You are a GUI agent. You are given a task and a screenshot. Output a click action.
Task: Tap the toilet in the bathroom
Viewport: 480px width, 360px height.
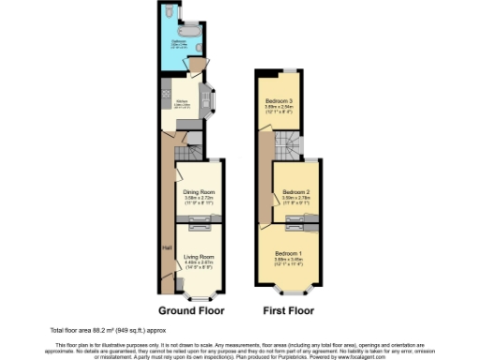[x=167, y=16]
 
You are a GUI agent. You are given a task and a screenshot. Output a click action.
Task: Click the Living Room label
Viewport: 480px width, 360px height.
[x=198, y=256]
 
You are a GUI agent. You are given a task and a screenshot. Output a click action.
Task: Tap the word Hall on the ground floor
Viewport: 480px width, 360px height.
[x=166, y=247]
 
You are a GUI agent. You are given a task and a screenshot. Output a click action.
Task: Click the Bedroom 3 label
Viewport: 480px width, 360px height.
[x=278, y=101]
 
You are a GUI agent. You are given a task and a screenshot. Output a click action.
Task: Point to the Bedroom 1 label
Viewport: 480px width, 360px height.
[x=288, y=254]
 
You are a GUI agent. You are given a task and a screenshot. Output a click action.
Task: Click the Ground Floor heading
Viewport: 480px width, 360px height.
[x=184, y=309]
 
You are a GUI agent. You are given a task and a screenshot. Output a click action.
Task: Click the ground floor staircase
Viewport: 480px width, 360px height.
[x=190, y=149]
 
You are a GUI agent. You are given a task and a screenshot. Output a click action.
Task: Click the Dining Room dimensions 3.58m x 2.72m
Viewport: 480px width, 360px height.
[x=198, y=199]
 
